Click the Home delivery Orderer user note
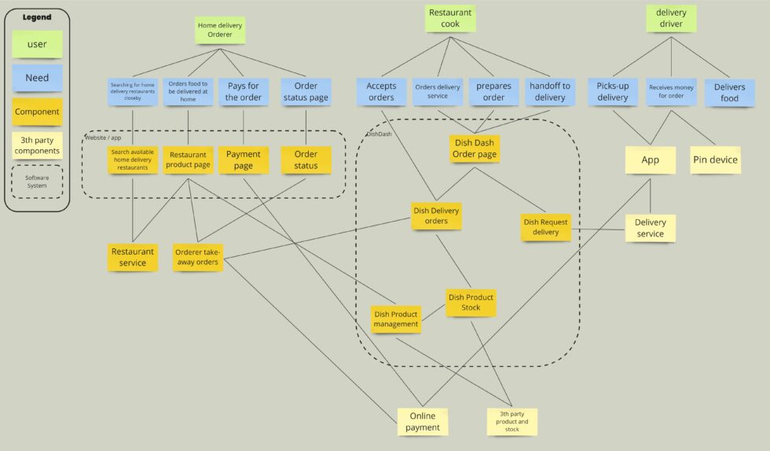coord(220,31)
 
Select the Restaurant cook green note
coord(450,18)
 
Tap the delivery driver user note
coord(671,18)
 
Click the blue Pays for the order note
coord(244,92)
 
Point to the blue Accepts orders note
coord(381,92)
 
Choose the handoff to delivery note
coord(549,92)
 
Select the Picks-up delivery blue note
coord(613,92)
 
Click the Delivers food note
coord(729,92)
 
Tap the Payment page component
coord(244,160)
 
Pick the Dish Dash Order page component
coord(475,148)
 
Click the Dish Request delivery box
coord(546,227)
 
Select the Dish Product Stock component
coord(471,302)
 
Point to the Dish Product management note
coord(395,319)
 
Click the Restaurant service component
coord(132,257)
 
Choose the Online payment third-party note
coord(423,422)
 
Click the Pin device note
coord(715,159)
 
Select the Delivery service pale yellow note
coord(650,228)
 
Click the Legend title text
coord(36,17)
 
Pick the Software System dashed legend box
coord(37,181)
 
